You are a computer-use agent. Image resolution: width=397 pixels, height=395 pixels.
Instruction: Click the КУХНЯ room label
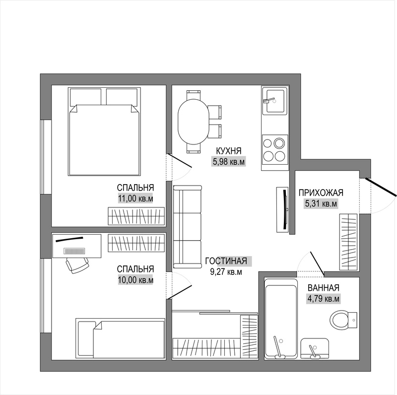[229, 151]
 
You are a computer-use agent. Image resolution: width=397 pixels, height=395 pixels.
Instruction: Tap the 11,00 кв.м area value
[135, 199]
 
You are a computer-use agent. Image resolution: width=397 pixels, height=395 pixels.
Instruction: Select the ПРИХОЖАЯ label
[321, 193]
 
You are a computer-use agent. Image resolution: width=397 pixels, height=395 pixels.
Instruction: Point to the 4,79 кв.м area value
[323, 299]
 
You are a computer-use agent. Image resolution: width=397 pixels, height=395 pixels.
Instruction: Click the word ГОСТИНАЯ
[226, 261]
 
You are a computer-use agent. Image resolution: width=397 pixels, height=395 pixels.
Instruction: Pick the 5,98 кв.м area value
[229, 162]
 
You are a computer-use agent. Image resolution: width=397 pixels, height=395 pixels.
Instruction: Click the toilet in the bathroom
[343, 320]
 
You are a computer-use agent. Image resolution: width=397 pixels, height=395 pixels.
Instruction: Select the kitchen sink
[275, 101]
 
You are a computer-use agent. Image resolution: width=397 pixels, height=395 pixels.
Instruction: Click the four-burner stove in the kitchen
[275, 150]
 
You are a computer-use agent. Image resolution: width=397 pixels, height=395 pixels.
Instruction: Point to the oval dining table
[194, 122]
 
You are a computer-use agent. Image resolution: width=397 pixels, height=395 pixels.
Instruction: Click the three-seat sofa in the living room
[188, 227]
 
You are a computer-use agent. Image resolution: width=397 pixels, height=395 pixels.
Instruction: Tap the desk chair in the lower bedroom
[77, 265]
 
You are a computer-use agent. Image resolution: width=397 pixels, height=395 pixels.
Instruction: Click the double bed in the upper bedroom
[104, 132]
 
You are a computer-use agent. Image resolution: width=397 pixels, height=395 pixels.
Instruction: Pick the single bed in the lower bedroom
[120, 338]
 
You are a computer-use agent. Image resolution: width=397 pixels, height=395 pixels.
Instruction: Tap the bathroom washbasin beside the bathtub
[315, 348]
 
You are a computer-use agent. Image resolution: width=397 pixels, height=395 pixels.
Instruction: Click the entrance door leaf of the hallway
[381, 187]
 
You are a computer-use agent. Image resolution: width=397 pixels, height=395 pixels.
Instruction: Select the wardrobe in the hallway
[348, 242]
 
